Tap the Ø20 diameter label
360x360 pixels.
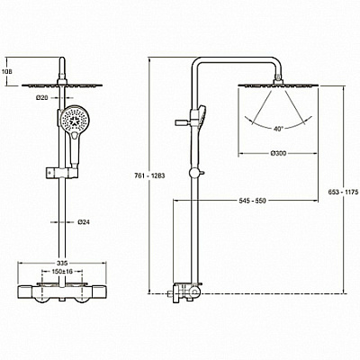(x=42, y=97)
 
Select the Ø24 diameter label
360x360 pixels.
(x=84, y=222)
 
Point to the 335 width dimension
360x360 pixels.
(x=61, y=263)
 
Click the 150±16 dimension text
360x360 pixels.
(x=62, y=272)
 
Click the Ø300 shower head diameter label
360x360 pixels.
(x=278, y=153)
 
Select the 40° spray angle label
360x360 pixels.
(x=278, y=129)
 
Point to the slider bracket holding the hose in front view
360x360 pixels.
(x=62, y=173)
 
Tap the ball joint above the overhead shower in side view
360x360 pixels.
(x=278, y=79)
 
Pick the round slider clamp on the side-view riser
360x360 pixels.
(x=193, y=173)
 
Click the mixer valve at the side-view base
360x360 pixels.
(x=186, y=292)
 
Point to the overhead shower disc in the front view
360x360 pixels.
(x=62, y=85)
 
